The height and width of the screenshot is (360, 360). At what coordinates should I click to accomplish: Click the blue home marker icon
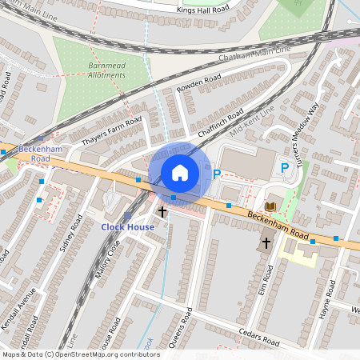tap(180, 172)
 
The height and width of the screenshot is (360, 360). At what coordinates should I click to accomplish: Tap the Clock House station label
tap(127, 227)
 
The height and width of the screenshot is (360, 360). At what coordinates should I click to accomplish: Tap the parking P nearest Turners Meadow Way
tap(284, 168)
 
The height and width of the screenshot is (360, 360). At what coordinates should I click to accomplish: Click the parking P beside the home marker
tap(216, 172)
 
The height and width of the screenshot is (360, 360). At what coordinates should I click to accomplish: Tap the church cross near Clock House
tap(162, 212)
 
